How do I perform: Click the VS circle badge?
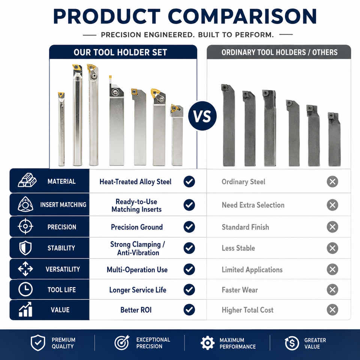[202, 116]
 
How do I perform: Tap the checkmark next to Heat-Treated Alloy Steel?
[189, 181]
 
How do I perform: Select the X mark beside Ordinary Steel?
[333, 181]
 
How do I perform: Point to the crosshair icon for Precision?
[25, 226]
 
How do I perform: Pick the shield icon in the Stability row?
[25, 248]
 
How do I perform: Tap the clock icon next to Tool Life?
[25, 289]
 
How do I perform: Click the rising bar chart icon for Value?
[25, 309]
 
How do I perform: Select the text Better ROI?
[136, 310]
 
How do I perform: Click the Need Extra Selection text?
[253, 205]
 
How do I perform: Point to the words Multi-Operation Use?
[137, 270]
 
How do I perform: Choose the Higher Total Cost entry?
[247, 310]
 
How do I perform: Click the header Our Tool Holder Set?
[120, 52]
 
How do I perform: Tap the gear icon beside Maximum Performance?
[207, 343]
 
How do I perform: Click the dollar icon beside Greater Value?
[292, 343]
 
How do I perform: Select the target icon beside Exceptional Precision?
[122, 343]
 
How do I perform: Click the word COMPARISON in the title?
[243, 16]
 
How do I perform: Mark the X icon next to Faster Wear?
[333, 290]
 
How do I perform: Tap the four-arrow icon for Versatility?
[25, 269]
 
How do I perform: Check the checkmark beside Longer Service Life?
[189, 290]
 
